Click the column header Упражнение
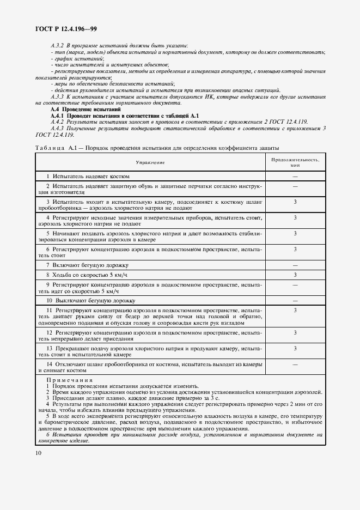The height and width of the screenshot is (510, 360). pyautogui.click(x=151, y=162)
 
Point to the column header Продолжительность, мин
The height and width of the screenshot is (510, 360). pyautogui.click(x=295, y=162)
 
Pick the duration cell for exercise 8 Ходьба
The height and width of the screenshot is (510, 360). pyautogui.click(x=295, y=275)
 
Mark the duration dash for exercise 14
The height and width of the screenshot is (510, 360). pyautogui.click(x=295, y=363)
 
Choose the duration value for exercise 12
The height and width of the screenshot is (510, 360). pyautogui.click(x=295, y=332)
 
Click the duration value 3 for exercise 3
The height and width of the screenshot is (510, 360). pyautogui.click(x=295, y=202)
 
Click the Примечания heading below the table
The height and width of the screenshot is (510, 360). pyautogui.click(x=69, y=380)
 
